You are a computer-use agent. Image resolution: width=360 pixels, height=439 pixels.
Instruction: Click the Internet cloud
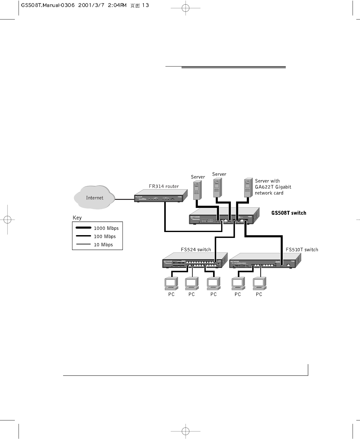(x=94, y=197)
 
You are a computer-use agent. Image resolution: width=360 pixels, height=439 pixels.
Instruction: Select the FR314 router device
(x=161, y=196)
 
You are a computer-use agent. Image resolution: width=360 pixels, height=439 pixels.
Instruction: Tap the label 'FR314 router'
(x=164, y=186)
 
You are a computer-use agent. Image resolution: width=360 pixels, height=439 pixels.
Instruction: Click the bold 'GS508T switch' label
(x=289, y=213)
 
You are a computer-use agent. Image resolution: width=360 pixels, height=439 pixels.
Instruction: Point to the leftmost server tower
(x=197, y=190)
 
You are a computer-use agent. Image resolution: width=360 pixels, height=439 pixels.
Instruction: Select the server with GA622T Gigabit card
(x=247, y=188)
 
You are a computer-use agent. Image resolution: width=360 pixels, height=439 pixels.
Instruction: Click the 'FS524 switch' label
(x=196, y=250)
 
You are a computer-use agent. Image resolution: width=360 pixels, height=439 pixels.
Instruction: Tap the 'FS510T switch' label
(x=302, y=250)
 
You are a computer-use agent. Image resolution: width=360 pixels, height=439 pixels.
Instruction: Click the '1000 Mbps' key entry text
(x=106, y=228)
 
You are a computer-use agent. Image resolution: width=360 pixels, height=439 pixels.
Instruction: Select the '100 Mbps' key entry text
(x=105, y=237)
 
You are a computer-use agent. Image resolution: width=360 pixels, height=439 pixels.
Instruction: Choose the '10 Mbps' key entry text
(x=103, y=245)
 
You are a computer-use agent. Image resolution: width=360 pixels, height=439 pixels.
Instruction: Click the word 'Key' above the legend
(x=77, y=218)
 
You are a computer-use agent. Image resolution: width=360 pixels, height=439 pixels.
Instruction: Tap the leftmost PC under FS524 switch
(x=171, y=283)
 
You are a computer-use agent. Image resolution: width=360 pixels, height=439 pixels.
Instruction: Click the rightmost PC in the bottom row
(x=259, y=283)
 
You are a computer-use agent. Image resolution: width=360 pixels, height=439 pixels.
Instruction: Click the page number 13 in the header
(x=145, y=5)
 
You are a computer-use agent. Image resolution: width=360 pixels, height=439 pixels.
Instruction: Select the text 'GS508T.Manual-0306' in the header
(x=48, y=5)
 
